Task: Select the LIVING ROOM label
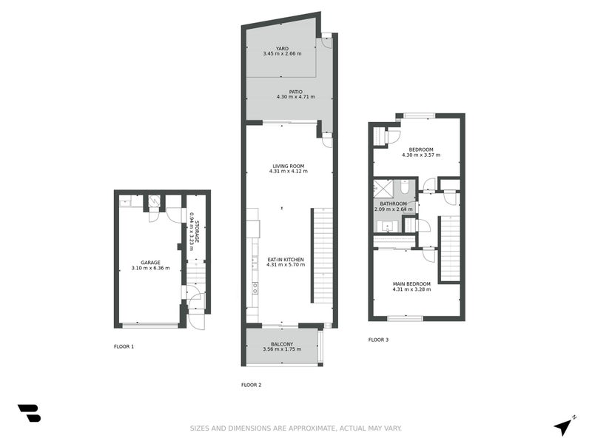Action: [x=288, y=166]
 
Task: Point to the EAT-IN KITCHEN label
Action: [x=285, y=259]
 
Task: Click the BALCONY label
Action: [x=282, y=344]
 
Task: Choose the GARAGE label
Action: [x=150, y=263]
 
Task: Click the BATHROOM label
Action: [x=394, y=203]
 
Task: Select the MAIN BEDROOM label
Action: [x=411, y=283]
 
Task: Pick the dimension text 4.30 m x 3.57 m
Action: [x=420, y=155]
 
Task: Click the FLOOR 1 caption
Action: [x=124, y=346]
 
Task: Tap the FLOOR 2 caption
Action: [x=252, y=385]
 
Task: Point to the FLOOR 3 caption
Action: [x=378, y=340]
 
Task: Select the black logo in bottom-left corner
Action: [x=29, y=413]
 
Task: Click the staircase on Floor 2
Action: [x=322, y=255]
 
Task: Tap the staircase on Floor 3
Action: [x=450, y=249]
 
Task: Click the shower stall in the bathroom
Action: [x=383, y=187]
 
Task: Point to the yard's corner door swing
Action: [x=326, y=42]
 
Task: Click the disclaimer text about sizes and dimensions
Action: [x=296, y=428]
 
